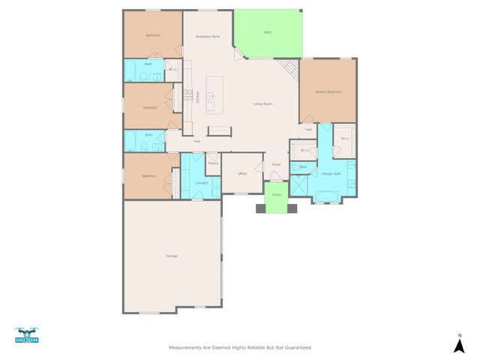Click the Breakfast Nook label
(x=208, y=36)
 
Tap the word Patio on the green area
(x=267, y=32)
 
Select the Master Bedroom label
(x=328, y=91)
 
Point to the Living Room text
(x=262, y=103)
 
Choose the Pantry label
(x=212, y=163)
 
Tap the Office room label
(x=241, y=173)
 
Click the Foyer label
(x=276, y=164)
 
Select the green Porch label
(x=277, y=195)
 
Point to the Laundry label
(x=201, y=183)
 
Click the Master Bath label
(x=331, y=174)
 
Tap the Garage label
(x=172, y=256)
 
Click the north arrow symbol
(x=459, y=344)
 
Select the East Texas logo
(x=26, y=336)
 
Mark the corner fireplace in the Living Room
(x=292, y=71)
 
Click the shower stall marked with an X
(x=298, y=184)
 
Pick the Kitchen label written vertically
(x=197, y=97)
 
